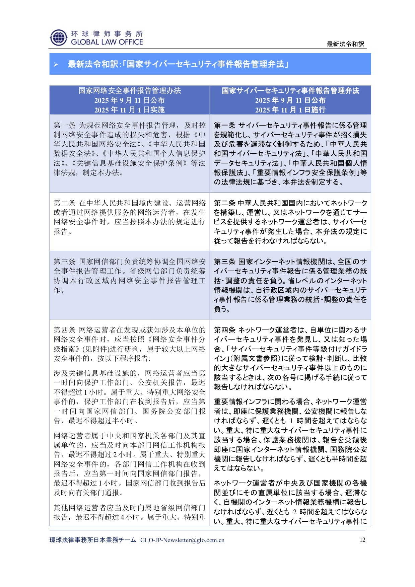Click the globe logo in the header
(x=58, y=38)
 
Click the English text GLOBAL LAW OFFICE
(x=107, y=42)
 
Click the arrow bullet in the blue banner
(x=56, y=64)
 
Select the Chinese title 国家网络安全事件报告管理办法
(x=130, y=90)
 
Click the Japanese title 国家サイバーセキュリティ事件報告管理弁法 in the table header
(x=290, y=90)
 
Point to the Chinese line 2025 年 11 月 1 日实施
(x=130, y=110)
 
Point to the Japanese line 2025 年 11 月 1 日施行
(x=290, y=110)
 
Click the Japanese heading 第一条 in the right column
(x=225, y=125)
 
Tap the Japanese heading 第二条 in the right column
(x=225, y=203)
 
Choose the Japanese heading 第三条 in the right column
(x=225, y=262)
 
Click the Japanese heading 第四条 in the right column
(x=225, y=330)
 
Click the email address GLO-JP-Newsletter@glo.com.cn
(x=182, y=540)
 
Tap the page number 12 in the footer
(x=362, y=540)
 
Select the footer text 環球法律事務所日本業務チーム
(x=93, y=540)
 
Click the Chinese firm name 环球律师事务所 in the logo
(x=107, y=34)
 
